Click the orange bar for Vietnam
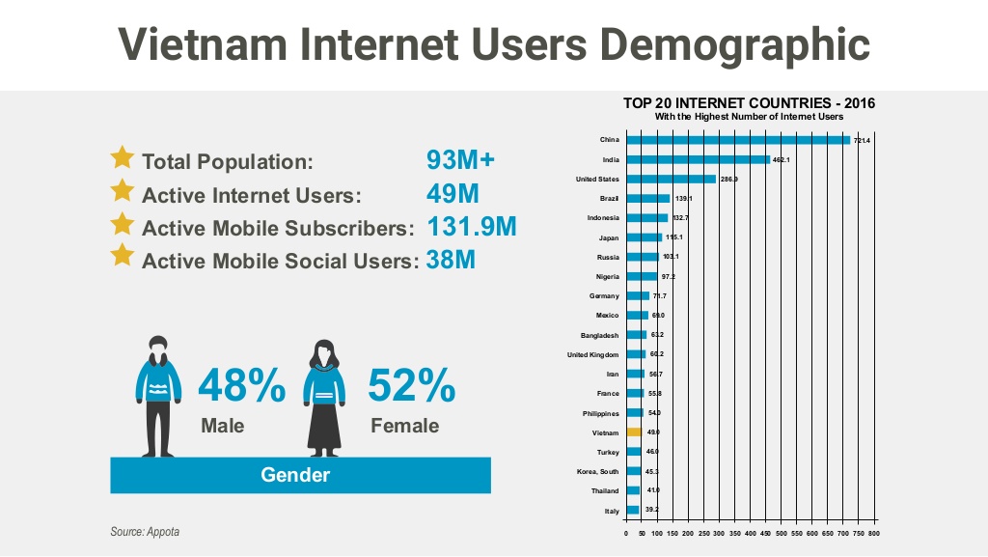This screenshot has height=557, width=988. click(634, 432)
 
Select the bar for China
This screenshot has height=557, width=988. click(738, 140)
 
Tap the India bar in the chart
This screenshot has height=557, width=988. click(698, 159)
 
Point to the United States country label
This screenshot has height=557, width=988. click(597, 179)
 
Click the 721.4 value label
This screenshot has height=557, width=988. click(863, 141)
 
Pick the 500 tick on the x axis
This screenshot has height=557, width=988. click(781, 532)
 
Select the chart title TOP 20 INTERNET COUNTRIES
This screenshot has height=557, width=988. click(749, 103)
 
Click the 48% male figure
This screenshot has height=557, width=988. click(241, 386)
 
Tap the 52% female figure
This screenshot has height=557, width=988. click(412, 386)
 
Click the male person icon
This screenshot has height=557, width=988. click(160, 396)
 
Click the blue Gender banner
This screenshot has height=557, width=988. click(300, 475)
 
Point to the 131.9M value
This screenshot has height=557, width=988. click(471, 227)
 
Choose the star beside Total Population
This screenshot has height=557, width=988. click(123, 157)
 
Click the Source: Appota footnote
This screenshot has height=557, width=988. click(145, 532)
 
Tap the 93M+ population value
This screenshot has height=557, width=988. click(460, 159)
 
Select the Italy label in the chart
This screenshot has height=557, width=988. click(612, 510)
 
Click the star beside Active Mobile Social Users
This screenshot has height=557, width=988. click(123, 256)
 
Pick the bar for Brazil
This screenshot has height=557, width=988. click(647, 198)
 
